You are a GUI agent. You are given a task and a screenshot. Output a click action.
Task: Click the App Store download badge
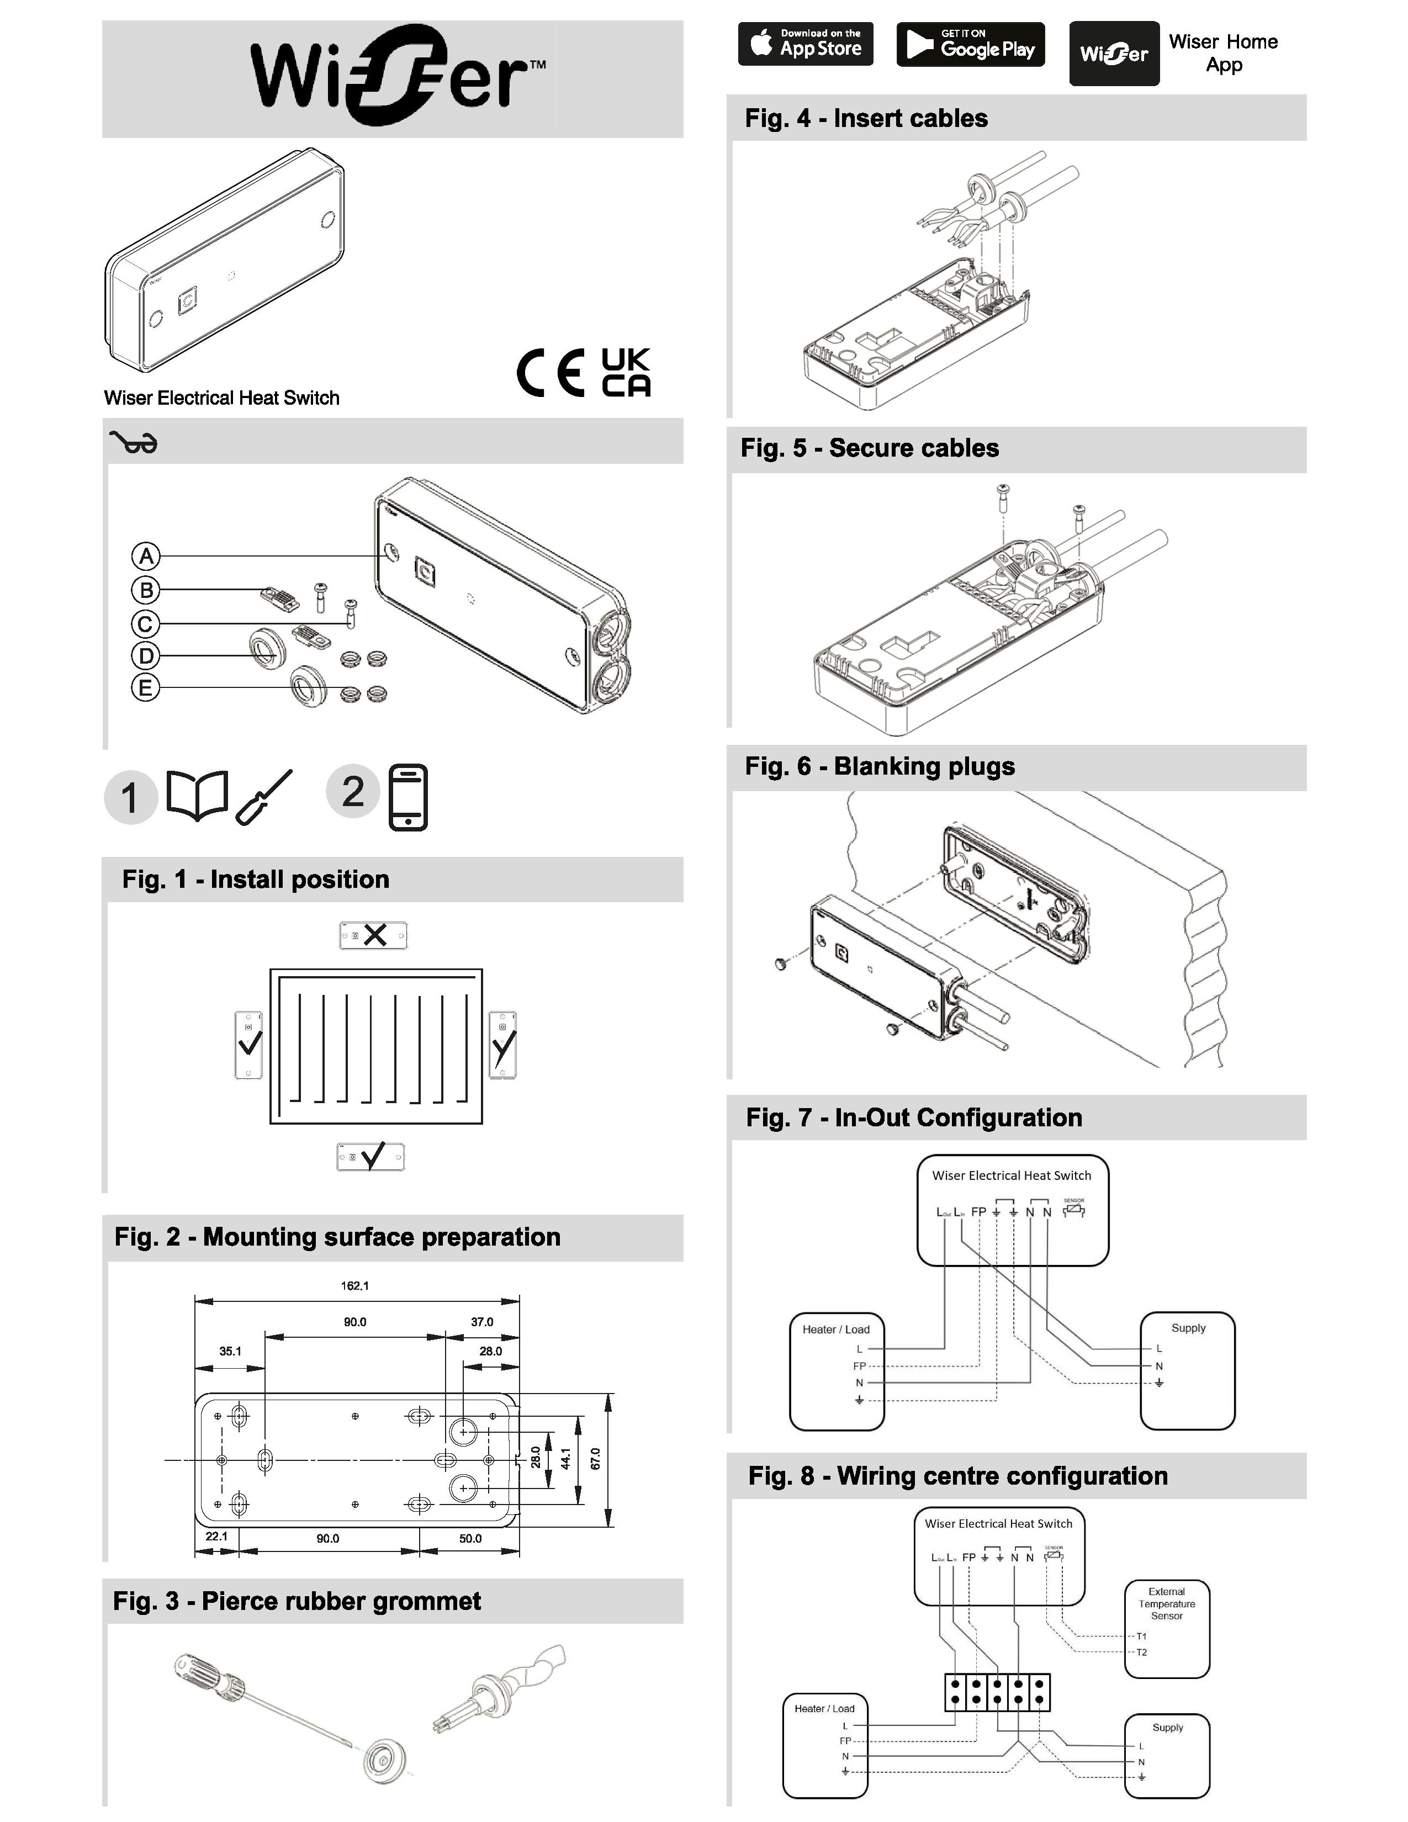[805, 44]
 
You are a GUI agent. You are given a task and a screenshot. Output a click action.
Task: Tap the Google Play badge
[970, 44]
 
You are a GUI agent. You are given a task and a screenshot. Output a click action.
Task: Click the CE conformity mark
[551, 372]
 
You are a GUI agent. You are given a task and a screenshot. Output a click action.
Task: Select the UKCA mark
[626, 372]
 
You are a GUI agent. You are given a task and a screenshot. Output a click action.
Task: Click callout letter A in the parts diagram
[146, 555]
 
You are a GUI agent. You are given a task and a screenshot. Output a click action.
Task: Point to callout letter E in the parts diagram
[145, 687]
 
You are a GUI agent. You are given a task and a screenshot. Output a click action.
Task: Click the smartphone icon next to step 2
[408, 797]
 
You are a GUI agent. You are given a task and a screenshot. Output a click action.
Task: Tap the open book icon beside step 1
[197, 795]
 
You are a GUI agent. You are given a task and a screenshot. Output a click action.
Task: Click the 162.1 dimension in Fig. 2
[354, 1285]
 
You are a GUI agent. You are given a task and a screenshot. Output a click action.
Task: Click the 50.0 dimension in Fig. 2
[470, 1538]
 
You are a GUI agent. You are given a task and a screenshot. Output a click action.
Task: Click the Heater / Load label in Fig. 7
[836, 1329]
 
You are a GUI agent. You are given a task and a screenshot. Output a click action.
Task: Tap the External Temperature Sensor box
[1166, 1627]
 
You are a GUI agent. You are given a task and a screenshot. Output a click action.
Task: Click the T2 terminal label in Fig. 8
[1141, 1652]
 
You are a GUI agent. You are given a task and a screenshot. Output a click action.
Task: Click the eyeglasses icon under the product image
[134, 442]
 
